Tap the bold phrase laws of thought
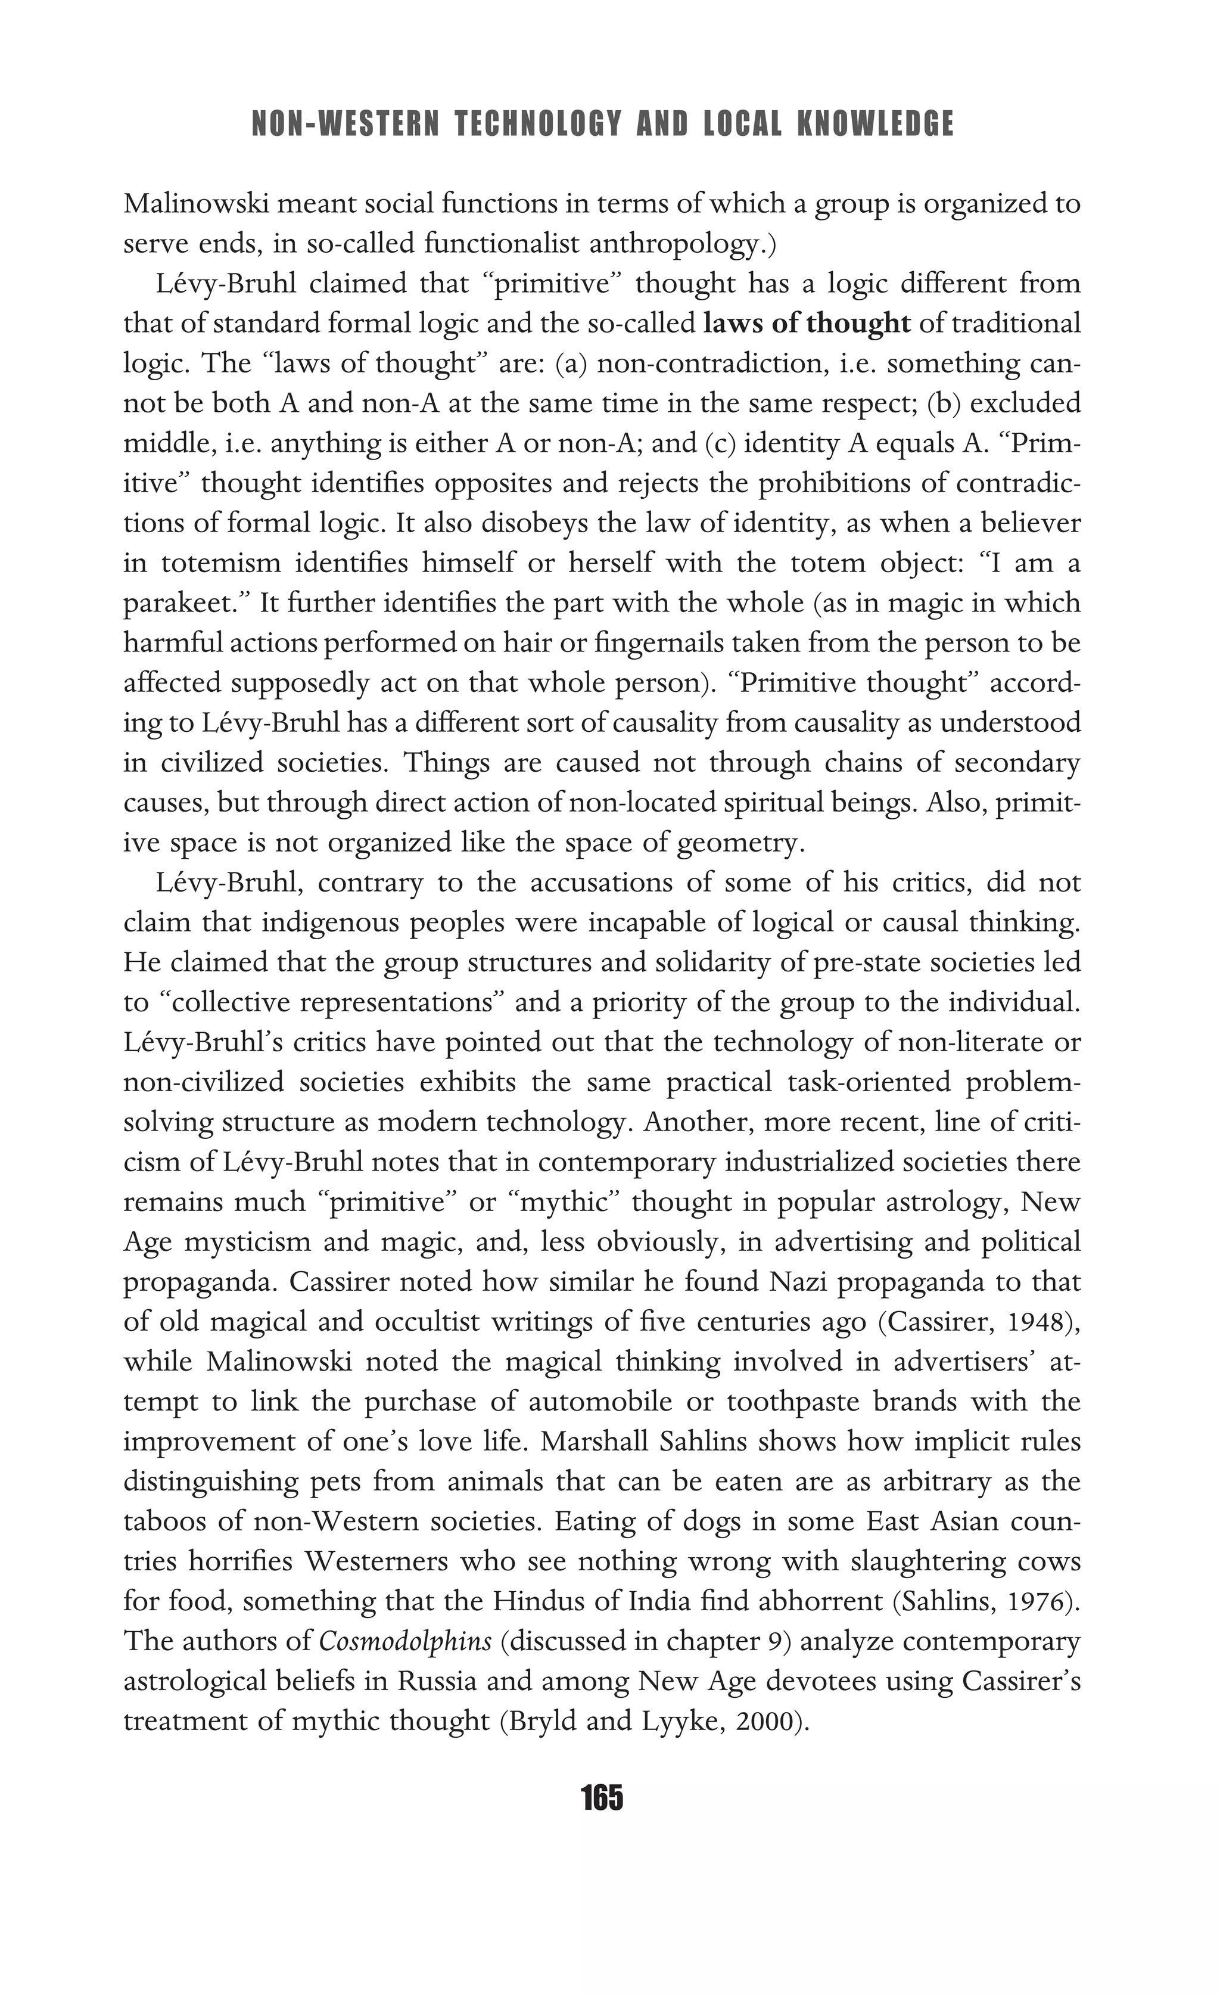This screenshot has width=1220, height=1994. pyautogui.click(x=807, y=324)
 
